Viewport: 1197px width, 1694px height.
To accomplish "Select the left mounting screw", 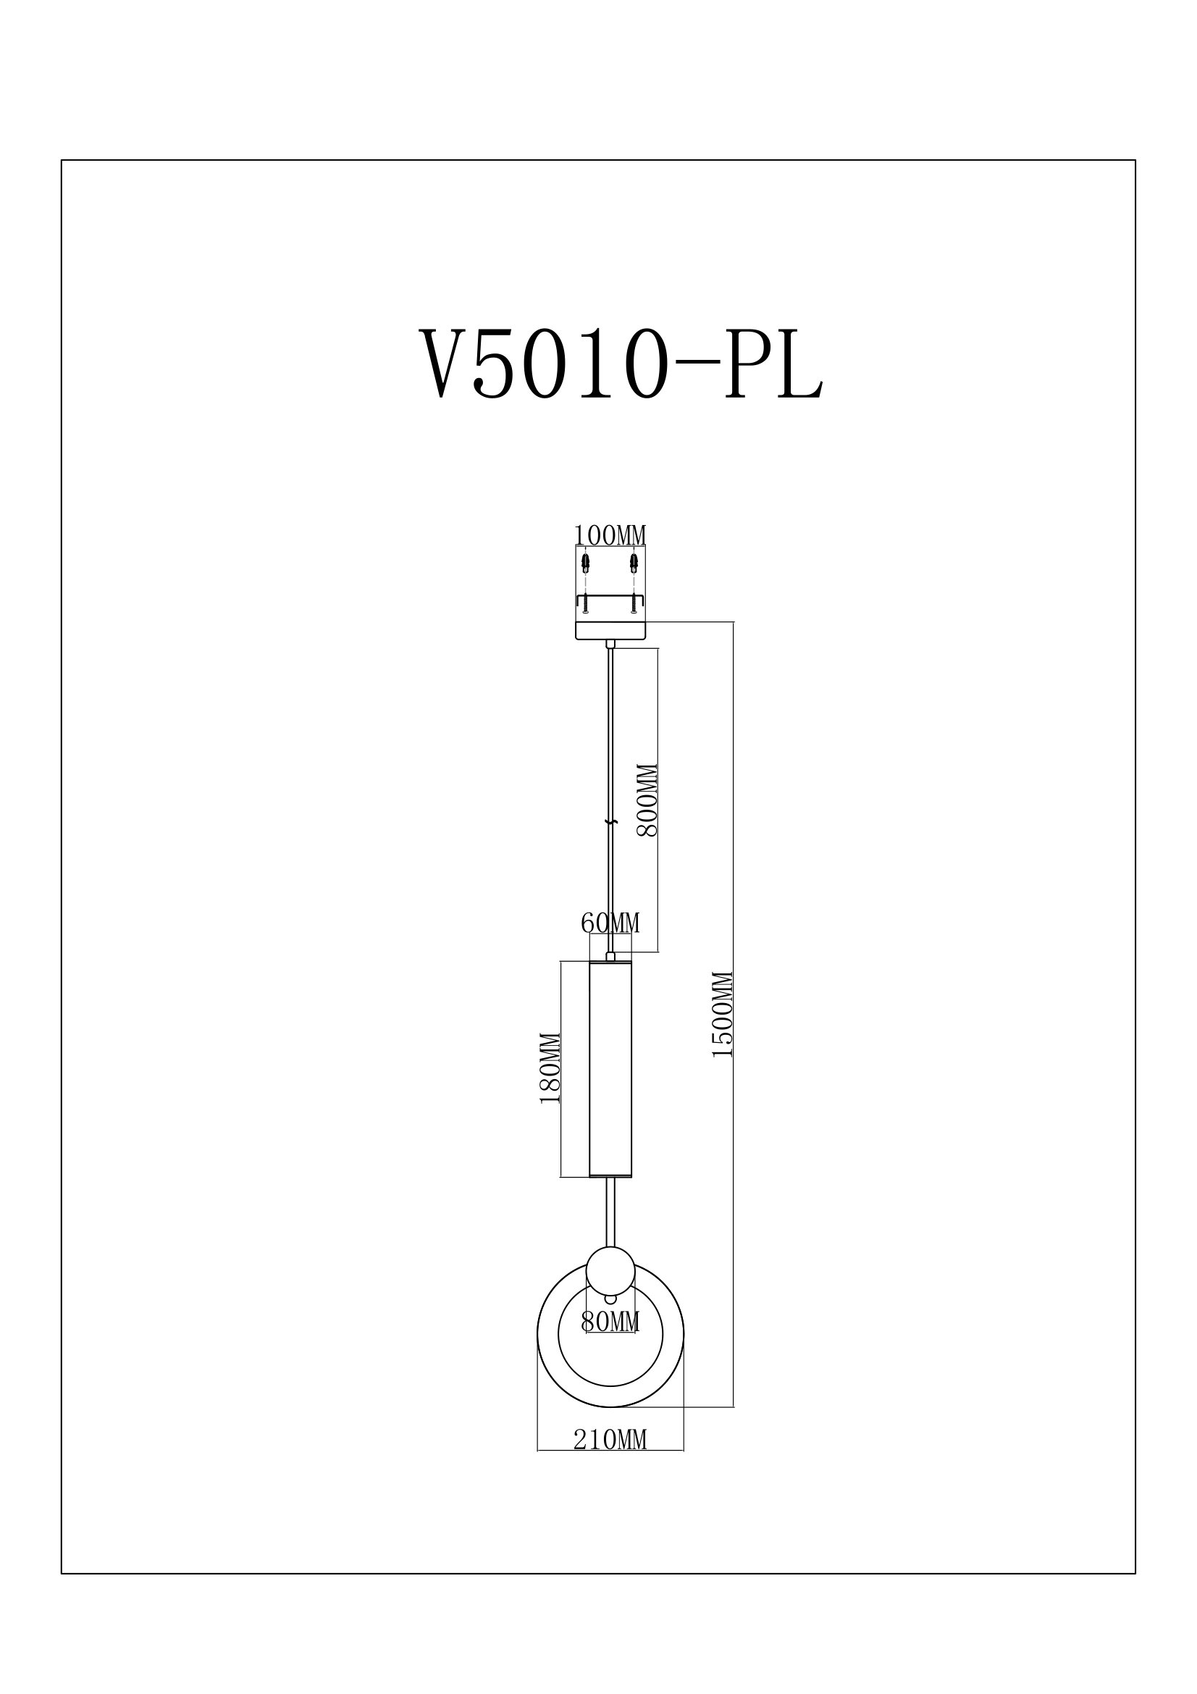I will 586,604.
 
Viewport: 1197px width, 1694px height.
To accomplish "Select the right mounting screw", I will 633,604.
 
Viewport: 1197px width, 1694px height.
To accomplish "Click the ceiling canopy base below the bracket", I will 610,630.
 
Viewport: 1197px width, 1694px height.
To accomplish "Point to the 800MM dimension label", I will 647,800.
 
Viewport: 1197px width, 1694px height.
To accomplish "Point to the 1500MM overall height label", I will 723,1015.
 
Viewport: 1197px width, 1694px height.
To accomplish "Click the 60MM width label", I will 610,923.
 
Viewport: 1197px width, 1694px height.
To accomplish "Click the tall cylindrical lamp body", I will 610,1077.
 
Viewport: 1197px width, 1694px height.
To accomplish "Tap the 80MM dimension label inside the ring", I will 610,1322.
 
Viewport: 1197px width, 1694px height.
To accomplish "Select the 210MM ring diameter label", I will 610,1440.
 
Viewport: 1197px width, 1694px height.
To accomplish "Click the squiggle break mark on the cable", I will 609,821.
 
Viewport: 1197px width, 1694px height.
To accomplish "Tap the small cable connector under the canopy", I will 610,644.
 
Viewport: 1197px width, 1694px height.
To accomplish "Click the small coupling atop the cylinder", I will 610,956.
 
